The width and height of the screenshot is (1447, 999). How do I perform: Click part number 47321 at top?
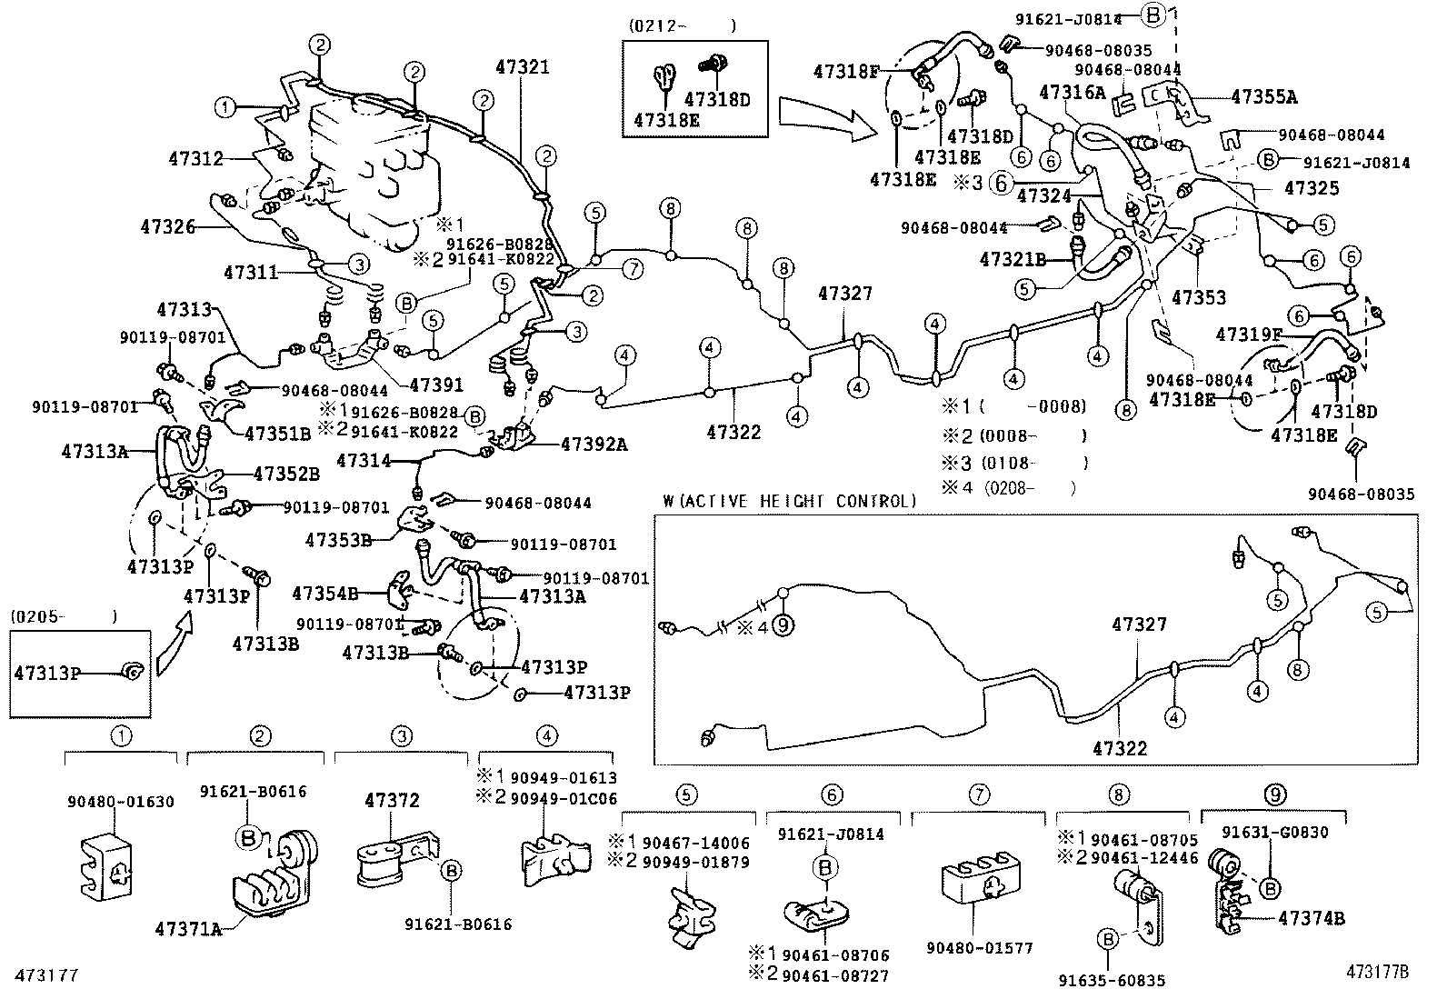(523, 66)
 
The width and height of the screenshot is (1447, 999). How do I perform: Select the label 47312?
(195, 158)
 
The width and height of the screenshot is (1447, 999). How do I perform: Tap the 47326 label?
(168, 225)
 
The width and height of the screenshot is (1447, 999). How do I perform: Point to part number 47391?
(436, 385)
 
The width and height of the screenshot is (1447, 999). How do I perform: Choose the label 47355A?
(1263, 97)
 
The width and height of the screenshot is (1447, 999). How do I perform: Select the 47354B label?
(324, 594)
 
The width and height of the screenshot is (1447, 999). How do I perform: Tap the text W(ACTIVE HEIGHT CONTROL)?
(789, 501)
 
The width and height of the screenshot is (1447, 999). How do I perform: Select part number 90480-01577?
(980, 948)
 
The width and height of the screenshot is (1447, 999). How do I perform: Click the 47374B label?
(1310, 918)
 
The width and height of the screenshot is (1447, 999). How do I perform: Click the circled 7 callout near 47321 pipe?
(632, 268)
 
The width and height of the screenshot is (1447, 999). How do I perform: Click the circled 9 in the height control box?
(783, 626)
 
